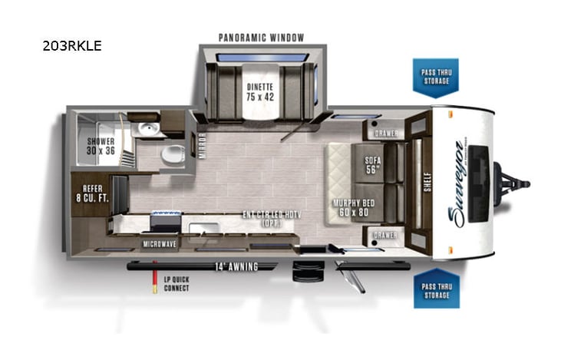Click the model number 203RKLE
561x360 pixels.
(72, 45)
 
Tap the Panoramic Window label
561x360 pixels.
(261, 38)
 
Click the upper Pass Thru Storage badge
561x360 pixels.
(435, 77)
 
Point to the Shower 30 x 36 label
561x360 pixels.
(101, 146)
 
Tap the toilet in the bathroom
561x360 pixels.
(172, 154)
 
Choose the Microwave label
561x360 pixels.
(160, 244)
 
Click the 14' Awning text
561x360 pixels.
(236, 266)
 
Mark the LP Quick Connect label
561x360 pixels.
(177, 284)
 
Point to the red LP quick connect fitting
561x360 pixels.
(156, 286)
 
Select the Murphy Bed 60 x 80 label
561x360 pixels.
(352, 207)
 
